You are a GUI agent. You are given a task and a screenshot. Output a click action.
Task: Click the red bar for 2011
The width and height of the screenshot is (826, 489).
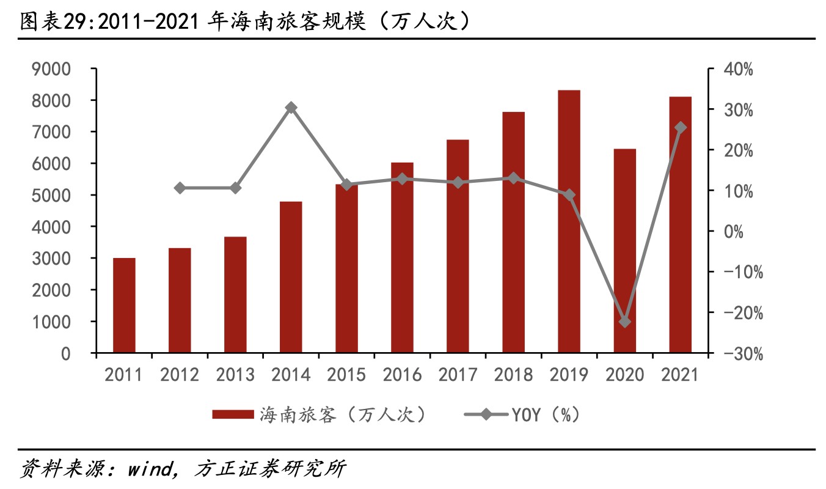tap(124, 306)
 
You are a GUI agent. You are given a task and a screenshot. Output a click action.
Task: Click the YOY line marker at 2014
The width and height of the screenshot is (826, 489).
tap(291, 108)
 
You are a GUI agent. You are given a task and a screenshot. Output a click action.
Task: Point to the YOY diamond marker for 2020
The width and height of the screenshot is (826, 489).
tap(624, 322)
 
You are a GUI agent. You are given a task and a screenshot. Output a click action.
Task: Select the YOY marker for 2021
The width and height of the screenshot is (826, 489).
tap(680, 128)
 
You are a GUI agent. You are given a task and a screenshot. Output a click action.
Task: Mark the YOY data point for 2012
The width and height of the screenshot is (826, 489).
tap(180, 188)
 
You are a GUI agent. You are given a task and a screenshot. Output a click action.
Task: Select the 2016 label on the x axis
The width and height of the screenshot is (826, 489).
tap(402, 375)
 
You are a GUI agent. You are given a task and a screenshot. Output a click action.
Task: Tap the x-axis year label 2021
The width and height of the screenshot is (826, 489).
tap(680, 375)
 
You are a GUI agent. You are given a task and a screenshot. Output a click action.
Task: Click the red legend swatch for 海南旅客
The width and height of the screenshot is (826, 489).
tap(233, 415)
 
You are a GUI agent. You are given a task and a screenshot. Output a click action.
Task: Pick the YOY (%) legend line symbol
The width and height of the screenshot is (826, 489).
tap(486, 415)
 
